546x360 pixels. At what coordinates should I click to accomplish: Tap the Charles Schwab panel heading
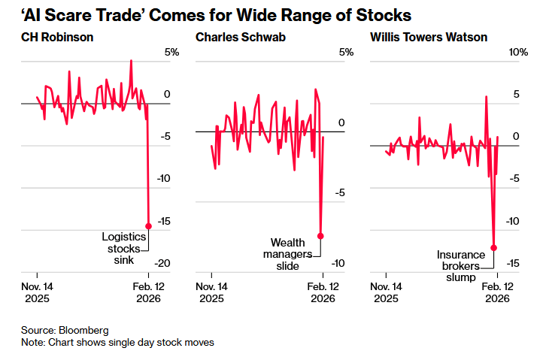(232, 36)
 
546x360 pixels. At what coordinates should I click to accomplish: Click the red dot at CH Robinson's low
(148, 225)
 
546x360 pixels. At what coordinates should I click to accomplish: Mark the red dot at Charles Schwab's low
(321, 236)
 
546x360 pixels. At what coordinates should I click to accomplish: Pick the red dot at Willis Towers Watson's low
(494, 247)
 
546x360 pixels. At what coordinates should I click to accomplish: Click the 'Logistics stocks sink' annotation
(122, 248)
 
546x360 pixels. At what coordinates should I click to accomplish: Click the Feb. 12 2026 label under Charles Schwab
(322, 292)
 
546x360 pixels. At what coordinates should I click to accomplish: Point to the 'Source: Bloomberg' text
(65, 330)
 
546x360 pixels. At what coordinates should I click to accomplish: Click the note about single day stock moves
(117, 342)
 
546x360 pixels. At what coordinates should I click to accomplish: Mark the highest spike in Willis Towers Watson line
(486, 96)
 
